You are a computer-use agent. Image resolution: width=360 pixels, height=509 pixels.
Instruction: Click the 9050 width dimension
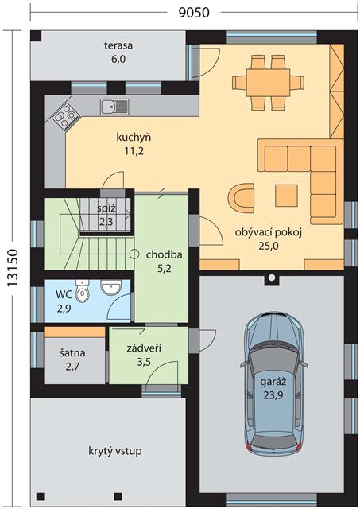point(194,13)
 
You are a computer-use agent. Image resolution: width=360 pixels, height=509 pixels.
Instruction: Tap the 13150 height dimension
point(13,267)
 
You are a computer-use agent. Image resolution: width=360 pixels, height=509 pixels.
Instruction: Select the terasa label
point(118,45)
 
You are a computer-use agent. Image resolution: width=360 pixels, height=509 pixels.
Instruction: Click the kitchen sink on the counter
point(114,107)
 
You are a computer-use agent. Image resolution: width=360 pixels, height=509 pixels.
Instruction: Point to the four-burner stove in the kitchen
point(67,115)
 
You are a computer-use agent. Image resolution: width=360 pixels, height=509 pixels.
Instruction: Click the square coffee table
point(286,196)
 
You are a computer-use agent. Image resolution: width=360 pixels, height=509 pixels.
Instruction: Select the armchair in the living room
point(241,198)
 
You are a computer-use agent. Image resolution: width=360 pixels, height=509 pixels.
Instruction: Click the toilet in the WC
point(83,291)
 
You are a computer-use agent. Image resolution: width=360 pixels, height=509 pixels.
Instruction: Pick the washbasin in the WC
point(111,287)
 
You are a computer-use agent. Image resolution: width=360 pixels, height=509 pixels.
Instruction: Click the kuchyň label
point(134,138)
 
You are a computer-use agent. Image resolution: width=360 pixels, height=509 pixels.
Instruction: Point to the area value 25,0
point(269,246)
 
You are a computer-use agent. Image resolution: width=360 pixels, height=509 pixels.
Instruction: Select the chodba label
point(165,254)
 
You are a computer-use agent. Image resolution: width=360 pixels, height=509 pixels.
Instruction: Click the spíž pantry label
point(106,208)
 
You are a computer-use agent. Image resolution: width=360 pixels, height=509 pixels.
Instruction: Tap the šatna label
point(72,353)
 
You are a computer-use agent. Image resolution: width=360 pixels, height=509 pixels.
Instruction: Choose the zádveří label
point(144,348)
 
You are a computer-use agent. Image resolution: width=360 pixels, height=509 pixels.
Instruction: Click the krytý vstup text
point(115,451)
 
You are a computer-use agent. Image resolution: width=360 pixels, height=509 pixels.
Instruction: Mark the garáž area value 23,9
point(273,395)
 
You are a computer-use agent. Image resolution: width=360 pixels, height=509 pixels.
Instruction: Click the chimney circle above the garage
point(272,278)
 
